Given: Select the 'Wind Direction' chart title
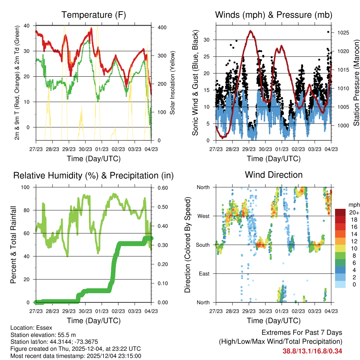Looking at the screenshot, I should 274,174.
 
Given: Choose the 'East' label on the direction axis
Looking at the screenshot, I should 204,274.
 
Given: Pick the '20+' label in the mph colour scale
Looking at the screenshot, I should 353,212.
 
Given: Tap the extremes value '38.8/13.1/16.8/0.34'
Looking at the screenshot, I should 312,351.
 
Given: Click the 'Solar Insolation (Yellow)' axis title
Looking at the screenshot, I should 173,83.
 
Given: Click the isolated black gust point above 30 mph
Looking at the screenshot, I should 328,32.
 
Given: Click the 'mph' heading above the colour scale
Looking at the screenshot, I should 353,204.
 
